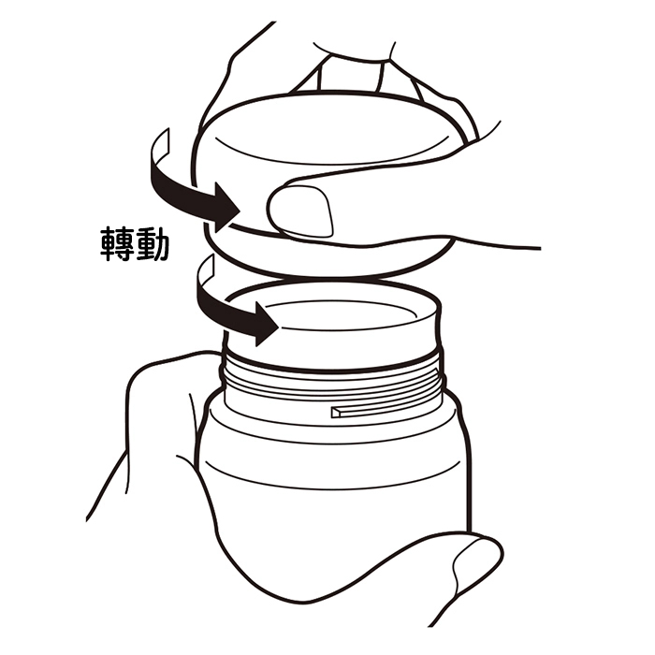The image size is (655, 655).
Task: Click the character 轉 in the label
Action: coord(117,244)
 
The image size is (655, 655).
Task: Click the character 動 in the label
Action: coord(152,244)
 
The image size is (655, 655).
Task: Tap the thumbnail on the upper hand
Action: coord(301,211)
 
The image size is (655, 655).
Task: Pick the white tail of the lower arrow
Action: coord(205,271)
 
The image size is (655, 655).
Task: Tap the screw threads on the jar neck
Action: coord(332,382)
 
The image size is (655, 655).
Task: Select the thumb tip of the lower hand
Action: coord(480,560)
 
